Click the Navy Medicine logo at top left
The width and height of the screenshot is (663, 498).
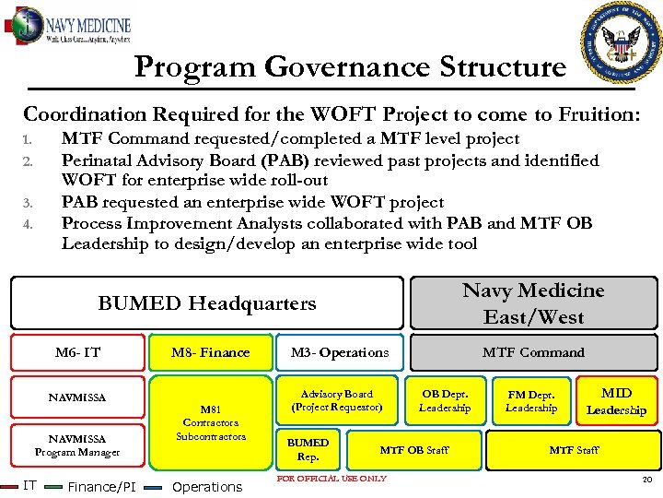[69, 26]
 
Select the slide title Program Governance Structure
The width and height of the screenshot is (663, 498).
[349, 67]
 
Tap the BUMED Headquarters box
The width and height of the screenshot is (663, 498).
[206, 303]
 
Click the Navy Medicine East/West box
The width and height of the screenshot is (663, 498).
[533, 303]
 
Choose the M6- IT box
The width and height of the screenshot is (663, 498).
[77, 352]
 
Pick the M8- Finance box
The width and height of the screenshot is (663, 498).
[210, 352]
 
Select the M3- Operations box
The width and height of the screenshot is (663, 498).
[340, 352]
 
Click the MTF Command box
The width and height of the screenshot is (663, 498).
[533, 352]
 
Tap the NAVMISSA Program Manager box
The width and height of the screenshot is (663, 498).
[77, 445]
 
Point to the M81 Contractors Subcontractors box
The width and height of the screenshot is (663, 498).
[211, 422]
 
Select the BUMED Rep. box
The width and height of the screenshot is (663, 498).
[308, 449]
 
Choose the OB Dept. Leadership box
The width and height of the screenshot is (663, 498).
[445, 400]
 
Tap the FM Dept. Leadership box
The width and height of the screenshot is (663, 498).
[531, 400]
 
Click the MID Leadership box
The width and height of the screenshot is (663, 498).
[616, 401]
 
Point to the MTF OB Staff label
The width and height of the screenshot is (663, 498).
[414, 450]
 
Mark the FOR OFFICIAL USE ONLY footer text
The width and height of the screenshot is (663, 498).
[331, 478]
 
